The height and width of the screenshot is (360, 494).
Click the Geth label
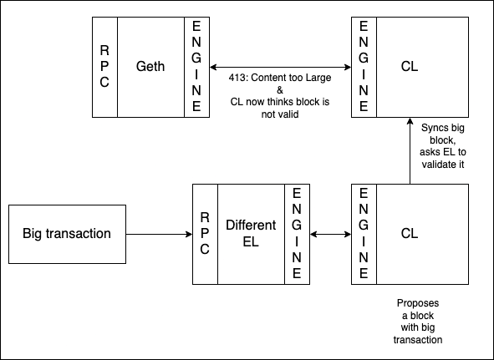[x=150, y=67]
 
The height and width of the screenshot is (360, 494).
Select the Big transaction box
[x=67, y=234]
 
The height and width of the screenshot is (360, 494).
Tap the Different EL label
[x=251, y=233]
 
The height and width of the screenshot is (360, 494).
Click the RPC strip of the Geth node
[x=104, y=67]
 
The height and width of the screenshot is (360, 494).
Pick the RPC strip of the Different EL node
[x=205, y=234]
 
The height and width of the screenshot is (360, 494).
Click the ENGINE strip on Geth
[x=196, y=67]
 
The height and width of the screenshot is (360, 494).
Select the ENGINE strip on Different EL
[x=297, y=234]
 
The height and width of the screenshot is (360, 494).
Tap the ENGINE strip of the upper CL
[x=364, y=67]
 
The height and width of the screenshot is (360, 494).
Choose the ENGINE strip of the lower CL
[x=364, y=234]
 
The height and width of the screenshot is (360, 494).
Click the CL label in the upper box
[x=410, y=67]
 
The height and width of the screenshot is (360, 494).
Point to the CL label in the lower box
[x=410, y=233]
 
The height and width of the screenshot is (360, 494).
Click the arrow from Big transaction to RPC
[x=159, y=234]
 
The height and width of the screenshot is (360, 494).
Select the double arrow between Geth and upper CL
[x=280, y=67]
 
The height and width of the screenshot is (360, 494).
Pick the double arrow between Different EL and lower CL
[x=330, y=234]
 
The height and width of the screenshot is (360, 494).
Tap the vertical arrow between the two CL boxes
[x=410, y=151]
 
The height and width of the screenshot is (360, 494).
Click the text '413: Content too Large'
[x=280, y=78]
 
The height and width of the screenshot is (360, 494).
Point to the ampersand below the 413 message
[x=280, y=90]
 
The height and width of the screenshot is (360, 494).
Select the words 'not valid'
[x=280, y=114]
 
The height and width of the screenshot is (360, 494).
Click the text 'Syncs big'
[x=443, y=128]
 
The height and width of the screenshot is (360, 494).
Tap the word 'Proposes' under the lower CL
[x=418, y=303]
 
